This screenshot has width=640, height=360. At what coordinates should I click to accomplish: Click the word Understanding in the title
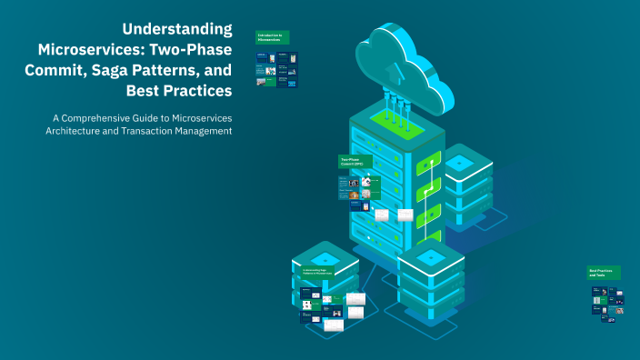coord(177,29)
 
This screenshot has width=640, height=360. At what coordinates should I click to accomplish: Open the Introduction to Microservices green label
coord(273,38)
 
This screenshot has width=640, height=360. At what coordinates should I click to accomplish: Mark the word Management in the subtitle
coord(206,131)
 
